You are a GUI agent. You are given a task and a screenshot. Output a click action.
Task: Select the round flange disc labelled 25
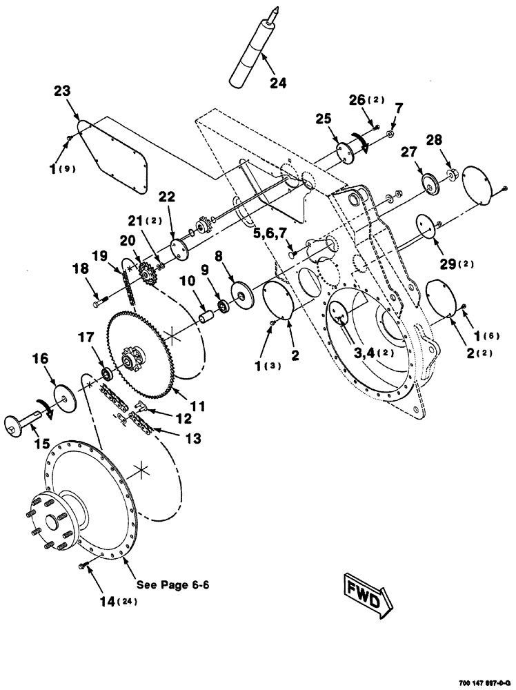[x=344, y=153]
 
